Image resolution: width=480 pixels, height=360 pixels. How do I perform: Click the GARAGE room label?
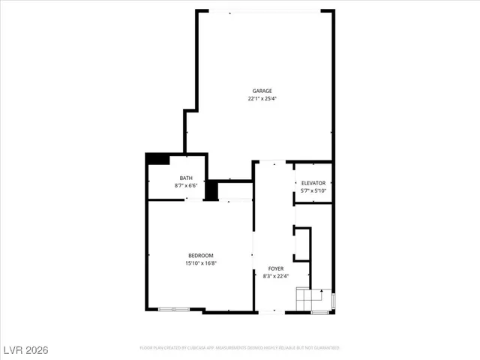click(x=262, y=91)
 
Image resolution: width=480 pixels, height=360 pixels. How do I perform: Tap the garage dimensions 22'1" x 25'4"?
click(x=262, y=98)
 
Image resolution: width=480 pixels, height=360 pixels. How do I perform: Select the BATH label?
click(x=185, y=178)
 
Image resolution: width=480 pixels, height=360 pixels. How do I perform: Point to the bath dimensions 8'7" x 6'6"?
click(x=185, y=185)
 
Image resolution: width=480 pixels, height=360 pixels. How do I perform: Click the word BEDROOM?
click(x=200, y=256)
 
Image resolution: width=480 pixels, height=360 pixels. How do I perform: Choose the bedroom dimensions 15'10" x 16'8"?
click(x=200, y=263)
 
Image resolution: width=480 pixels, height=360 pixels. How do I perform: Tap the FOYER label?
click(x=275, y=268)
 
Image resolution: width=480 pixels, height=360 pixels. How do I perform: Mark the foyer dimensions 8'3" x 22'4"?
click(x=275, y=276)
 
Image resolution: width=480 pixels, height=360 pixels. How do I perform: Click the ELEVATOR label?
click(x=313, y=183)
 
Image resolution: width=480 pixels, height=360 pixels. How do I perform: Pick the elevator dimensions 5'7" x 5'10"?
click(x=313, y=190)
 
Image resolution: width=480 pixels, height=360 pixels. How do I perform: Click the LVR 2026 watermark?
click(x=24, y=349)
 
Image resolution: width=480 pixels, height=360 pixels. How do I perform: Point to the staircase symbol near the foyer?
click(x=310, y=298)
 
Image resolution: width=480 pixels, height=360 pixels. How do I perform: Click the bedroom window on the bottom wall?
click(x=174, y=310)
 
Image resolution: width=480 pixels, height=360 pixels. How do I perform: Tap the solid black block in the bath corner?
click(x=157, y=159)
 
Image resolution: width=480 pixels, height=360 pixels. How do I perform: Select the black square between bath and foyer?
click(x=211, y=190)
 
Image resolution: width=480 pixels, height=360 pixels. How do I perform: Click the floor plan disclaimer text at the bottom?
click(x=240, y=348)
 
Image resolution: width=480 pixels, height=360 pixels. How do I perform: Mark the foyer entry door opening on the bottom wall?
click(x=271, y=312)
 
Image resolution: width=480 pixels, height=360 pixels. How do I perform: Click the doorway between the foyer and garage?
click(x=272, y=161)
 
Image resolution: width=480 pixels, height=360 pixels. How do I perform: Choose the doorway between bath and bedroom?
click(x=194, y=200)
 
